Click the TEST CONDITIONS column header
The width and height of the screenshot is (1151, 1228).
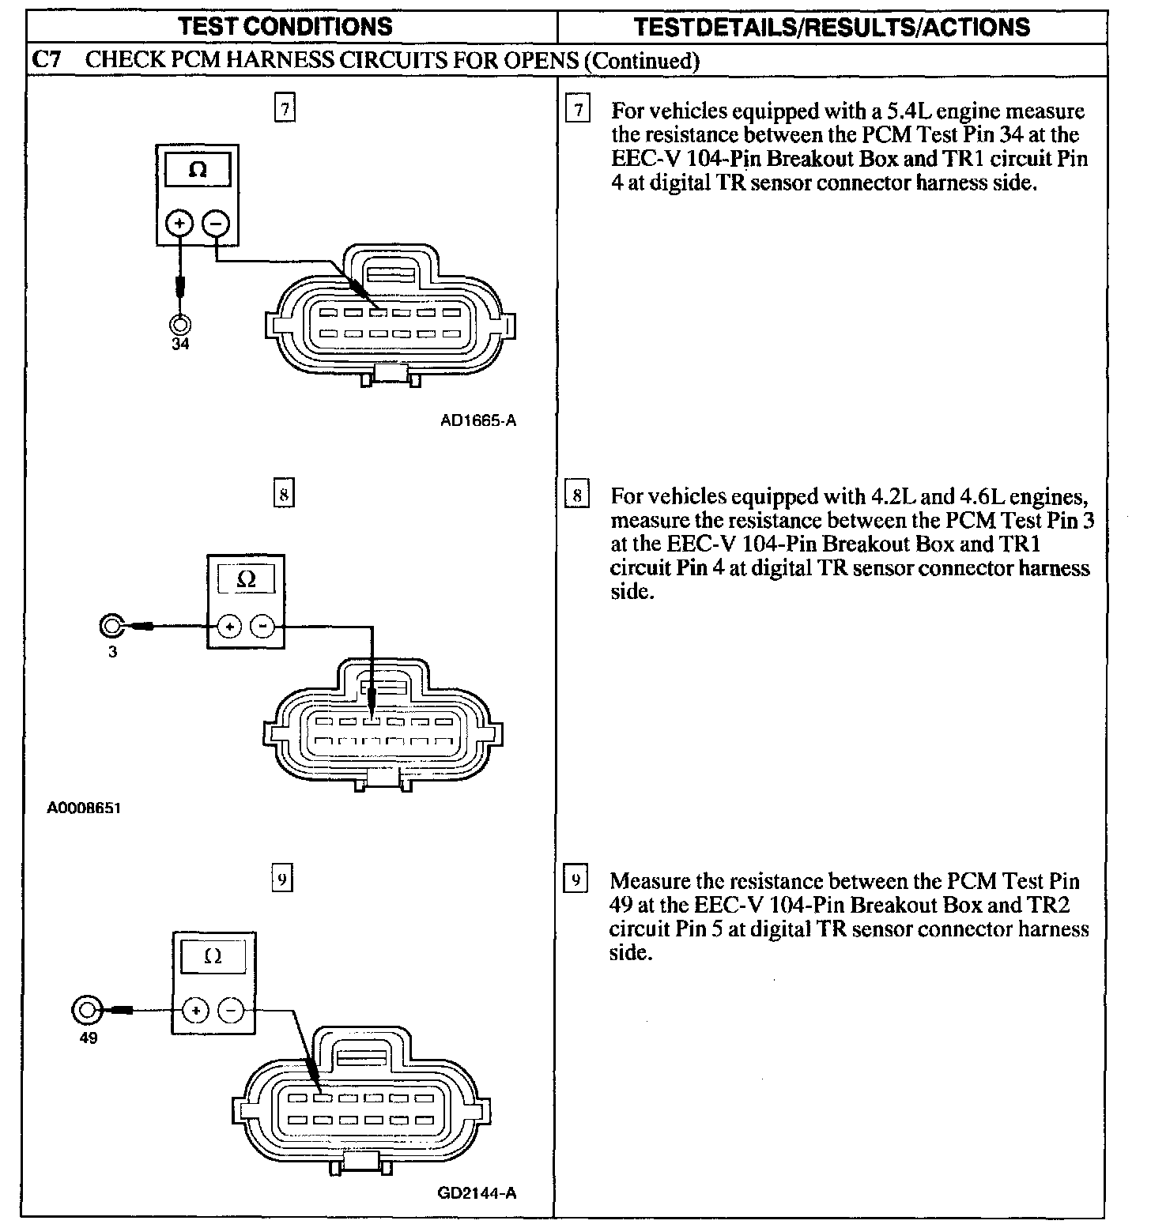pyautogui.click(x=285, y=26)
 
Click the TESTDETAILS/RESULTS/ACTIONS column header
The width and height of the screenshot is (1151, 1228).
pyautogui.click(x=832, y=27)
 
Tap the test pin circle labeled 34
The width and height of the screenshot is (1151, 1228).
pyautogui.click(x=180, y=324)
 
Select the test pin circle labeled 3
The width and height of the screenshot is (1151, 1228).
pyautogui.click(x=111, y=627)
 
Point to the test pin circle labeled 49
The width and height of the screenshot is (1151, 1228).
pyautogui.click(x=87, y=1010)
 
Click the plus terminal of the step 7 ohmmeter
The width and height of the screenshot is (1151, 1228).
pyautogui.click(x=179, y=224)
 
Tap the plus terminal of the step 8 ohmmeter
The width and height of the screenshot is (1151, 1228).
pyautogui.click(x=229, y=627)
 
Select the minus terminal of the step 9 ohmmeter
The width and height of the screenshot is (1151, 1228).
pyautogui.click(x=231, y=1010)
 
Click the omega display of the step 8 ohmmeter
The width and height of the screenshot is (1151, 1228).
pyautogui.click(x=246, y=579)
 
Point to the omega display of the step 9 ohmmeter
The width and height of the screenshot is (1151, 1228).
pyautogui.click(x=213, y=957)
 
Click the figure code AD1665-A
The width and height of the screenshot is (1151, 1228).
pyautogui.click(x=477, y=420)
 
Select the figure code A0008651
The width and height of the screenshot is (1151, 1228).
pyautogui.click(x=84, y=808)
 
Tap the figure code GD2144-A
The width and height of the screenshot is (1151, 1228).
pyautogui.click(x=477, y=1193)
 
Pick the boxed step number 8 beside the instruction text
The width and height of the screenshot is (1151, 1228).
pyautogui.click(x=578, y=496)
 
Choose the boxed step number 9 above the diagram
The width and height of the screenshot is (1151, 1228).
pyautogui.click(x=283, y=879)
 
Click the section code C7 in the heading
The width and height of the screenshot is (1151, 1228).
pyautogui.click(x=47, y=60)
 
